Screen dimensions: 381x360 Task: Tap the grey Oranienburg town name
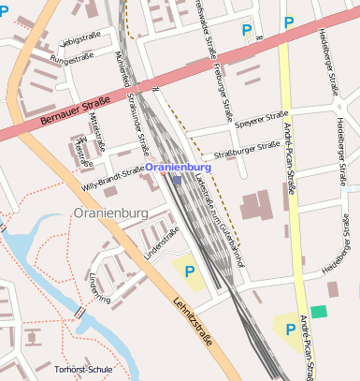tap(110, 213)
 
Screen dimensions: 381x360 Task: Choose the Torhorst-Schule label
tap(83, 370)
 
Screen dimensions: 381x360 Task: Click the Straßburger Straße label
tap(241, 148)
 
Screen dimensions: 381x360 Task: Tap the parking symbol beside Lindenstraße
tap(190, 272)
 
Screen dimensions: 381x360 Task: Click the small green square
tap(321, 312)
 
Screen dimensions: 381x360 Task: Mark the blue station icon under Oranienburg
tap(176, 178)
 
